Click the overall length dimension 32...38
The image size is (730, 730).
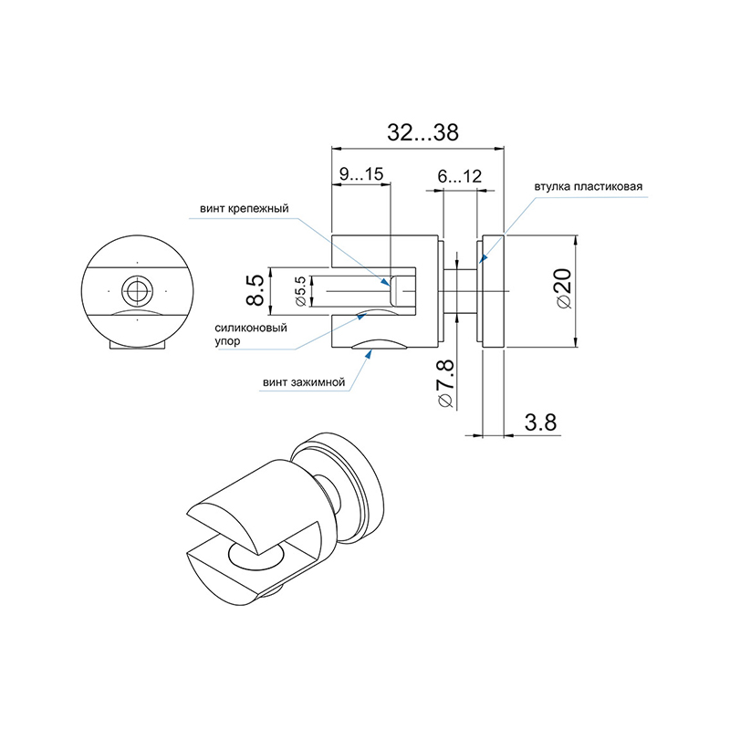point(422,132)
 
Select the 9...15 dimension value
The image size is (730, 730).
point(360,174)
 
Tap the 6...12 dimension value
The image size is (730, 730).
point(460,176)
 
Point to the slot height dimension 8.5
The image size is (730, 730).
point(255,289)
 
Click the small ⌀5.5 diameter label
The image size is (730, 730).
point(301,291)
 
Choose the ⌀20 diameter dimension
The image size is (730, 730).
point(564,288)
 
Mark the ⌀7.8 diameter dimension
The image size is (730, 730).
point(445,384)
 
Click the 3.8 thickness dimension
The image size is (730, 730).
point(540,422)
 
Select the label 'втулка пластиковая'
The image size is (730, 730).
point(588,187)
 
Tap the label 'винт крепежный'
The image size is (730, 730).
point(245,208)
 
